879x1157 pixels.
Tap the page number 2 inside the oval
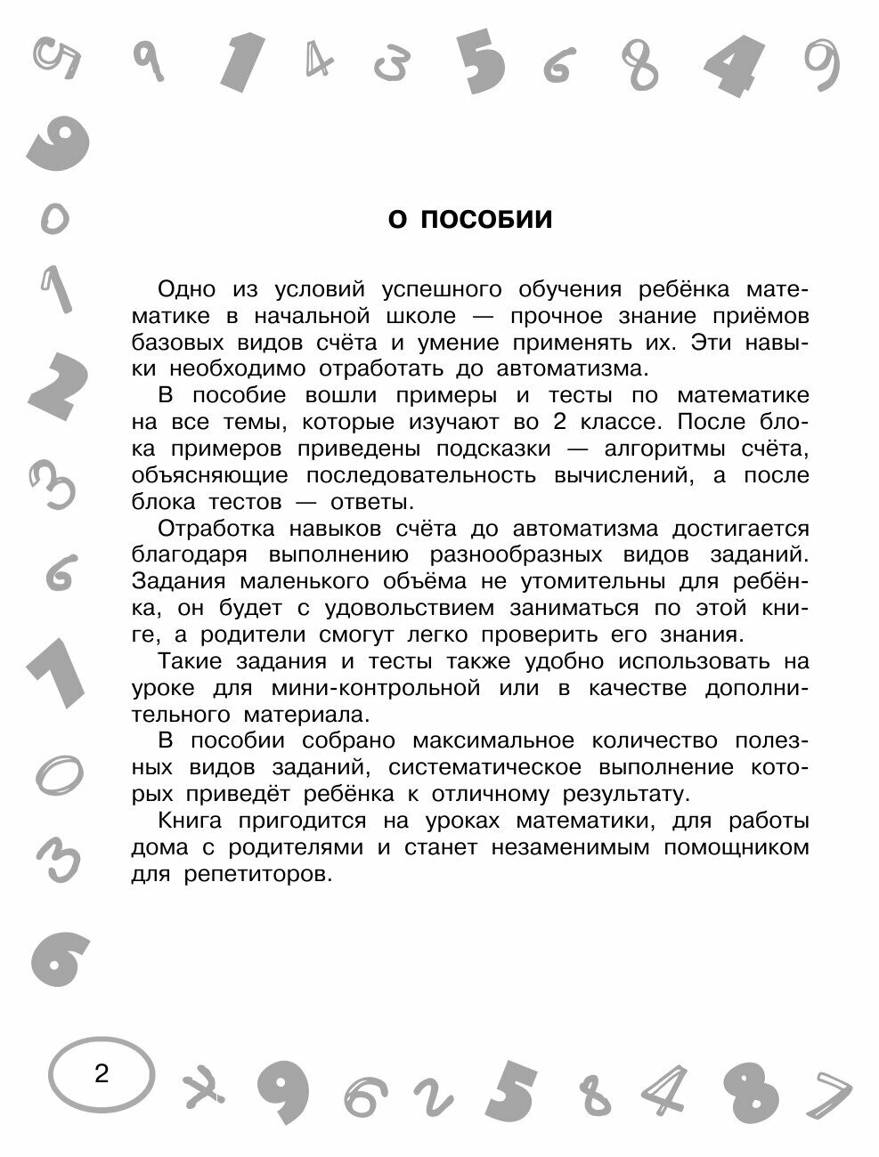(101, 1073)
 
